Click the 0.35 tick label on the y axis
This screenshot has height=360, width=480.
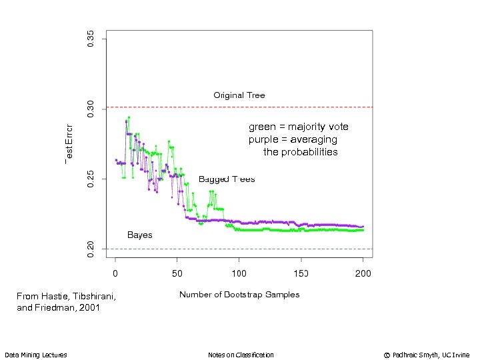(x=91, y=38)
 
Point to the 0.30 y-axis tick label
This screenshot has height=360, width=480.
(x=91, y=109)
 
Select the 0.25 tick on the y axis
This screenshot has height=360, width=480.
(x=91, y=179)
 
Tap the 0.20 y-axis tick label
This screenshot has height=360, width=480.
(x=91, y=249)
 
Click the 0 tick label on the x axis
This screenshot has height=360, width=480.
(x=115, y=273)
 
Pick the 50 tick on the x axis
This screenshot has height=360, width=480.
(x=177, y=273)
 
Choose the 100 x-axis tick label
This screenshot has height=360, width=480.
(x=239, y=273)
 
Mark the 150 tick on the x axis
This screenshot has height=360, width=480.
(x=301, y=273)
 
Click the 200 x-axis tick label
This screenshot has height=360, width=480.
(x=363, y=273)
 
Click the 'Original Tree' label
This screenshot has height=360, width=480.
(x=239, y=95)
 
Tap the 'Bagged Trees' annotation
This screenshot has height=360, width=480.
(x=227, y=179)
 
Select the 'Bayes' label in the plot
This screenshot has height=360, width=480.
(x=139, y=235)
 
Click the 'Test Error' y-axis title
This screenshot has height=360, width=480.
(x=69, y=143)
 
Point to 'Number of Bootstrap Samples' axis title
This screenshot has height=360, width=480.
(x=239, y=295)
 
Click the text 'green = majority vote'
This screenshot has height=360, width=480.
(x=298, y=127)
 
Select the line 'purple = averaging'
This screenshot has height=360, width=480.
(x=293, y=139)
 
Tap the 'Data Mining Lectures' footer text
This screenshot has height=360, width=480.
(x=35, y=355)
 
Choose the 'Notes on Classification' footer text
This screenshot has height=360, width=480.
(x=241, y=355)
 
